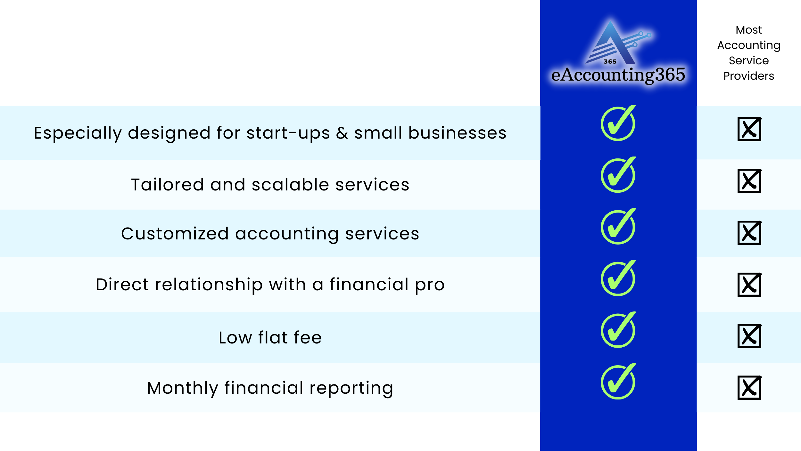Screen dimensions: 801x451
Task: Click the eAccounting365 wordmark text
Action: tap(618, 75)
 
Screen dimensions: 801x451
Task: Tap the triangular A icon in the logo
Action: tap(610, 43)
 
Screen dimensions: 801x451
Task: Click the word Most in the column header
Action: tap(749, 30)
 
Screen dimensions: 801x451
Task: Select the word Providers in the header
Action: tap(749, 76)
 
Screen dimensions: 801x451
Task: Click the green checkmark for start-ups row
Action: tap(618, 123)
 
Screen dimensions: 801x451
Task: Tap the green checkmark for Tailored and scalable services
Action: tap(618, 175)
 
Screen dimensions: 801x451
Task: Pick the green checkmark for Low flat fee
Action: tap(618, 330)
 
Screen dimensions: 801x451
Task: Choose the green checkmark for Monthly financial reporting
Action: tap(618, 382)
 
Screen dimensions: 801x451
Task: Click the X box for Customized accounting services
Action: tap(749, 233)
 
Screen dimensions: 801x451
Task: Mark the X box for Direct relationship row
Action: tap(749, 285)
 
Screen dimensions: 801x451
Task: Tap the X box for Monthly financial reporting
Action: tap(749, 388)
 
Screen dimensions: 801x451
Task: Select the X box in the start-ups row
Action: tap(749, 129)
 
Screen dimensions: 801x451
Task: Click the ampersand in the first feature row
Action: tap(342, 133)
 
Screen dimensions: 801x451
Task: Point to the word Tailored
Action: tap(168, 185)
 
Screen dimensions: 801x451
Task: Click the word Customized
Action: tap(175, 234)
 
